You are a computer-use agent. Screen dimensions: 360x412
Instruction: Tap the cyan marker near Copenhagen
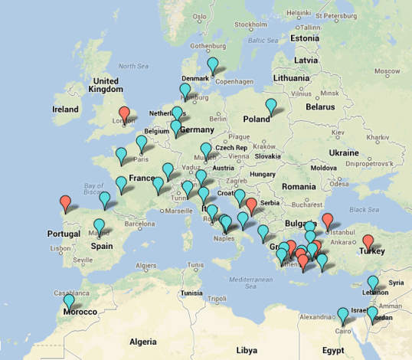[x=214, y=66]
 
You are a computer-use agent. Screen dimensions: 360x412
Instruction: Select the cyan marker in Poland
[x=270, y=106]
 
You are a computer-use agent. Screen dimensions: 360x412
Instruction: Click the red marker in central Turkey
[x=368, y=241]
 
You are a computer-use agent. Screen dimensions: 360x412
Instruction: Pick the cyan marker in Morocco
[x=69, y=301]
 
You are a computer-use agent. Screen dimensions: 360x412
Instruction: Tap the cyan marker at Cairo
[x=342, y=314]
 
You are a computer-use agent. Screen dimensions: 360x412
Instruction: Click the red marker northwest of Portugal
[x=66, y=203]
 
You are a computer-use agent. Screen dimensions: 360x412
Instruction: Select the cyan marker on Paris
[x=142, y=143]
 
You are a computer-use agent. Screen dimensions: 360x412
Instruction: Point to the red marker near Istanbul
[x=328, y=221]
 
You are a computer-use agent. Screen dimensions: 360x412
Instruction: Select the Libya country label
[x=247, y=350]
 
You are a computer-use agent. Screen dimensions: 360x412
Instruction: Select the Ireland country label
[x=65, y=110]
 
